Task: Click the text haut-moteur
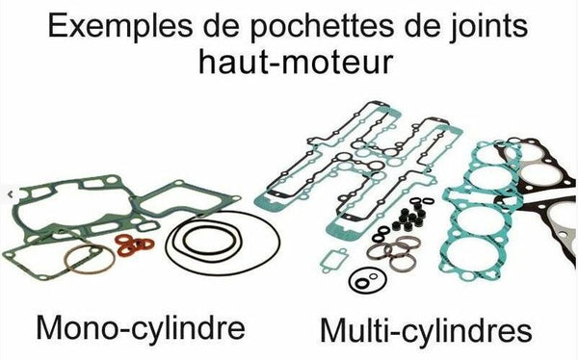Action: (x=289, y=65)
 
